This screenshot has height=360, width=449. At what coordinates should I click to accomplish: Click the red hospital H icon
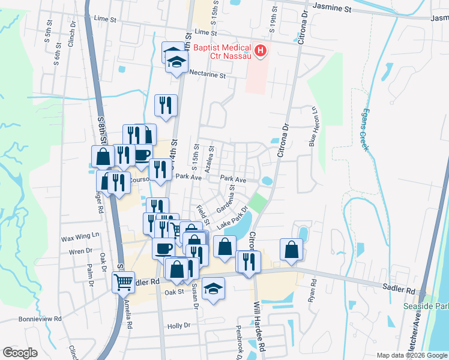tap(261, 52)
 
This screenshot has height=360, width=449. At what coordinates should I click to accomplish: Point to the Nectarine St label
tap(207, 76)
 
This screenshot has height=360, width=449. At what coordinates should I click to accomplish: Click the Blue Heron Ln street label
tap(313, 126)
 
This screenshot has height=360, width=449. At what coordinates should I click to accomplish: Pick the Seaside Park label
tap(436, 305)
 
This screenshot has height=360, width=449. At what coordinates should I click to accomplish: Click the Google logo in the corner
tap(20, 353)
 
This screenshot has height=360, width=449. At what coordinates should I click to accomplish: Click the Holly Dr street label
tap(179, 326)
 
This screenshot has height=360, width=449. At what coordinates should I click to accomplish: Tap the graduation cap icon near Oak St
tap(213, 289)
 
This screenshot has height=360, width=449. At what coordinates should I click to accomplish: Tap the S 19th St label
tap(273, 19)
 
